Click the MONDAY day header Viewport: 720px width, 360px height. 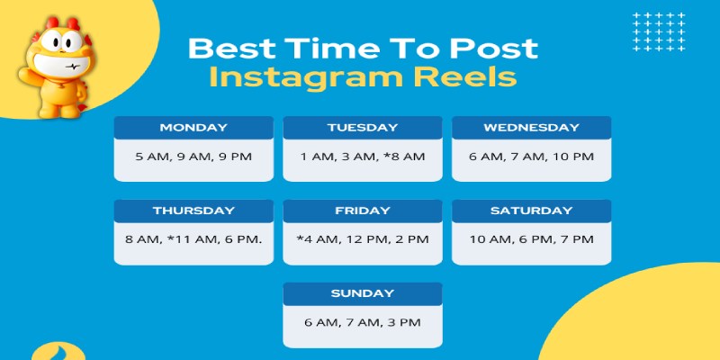tap(193, 128)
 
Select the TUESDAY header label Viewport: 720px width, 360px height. tap(363, 128)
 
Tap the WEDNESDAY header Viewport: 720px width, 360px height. tap(531, 128)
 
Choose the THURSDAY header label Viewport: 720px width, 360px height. tap(193, 211)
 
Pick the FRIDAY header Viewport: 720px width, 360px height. tap(363, 211)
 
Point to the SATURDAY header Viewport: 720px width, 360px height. tap(531, 211)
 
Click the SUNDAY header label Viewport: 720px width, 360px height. tap(363, 293)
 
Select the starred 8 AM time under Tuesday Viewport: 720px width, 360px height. tap(404, 157)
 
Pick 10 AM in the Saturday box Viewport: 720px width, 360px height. tap(490, 239)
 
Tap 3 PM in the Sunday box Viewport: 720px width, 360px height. tap(404, 322)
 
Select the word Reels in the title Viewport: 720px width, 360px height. tap(460, 76)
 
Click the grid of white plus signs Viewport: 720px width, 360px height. tap(659, 31)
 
